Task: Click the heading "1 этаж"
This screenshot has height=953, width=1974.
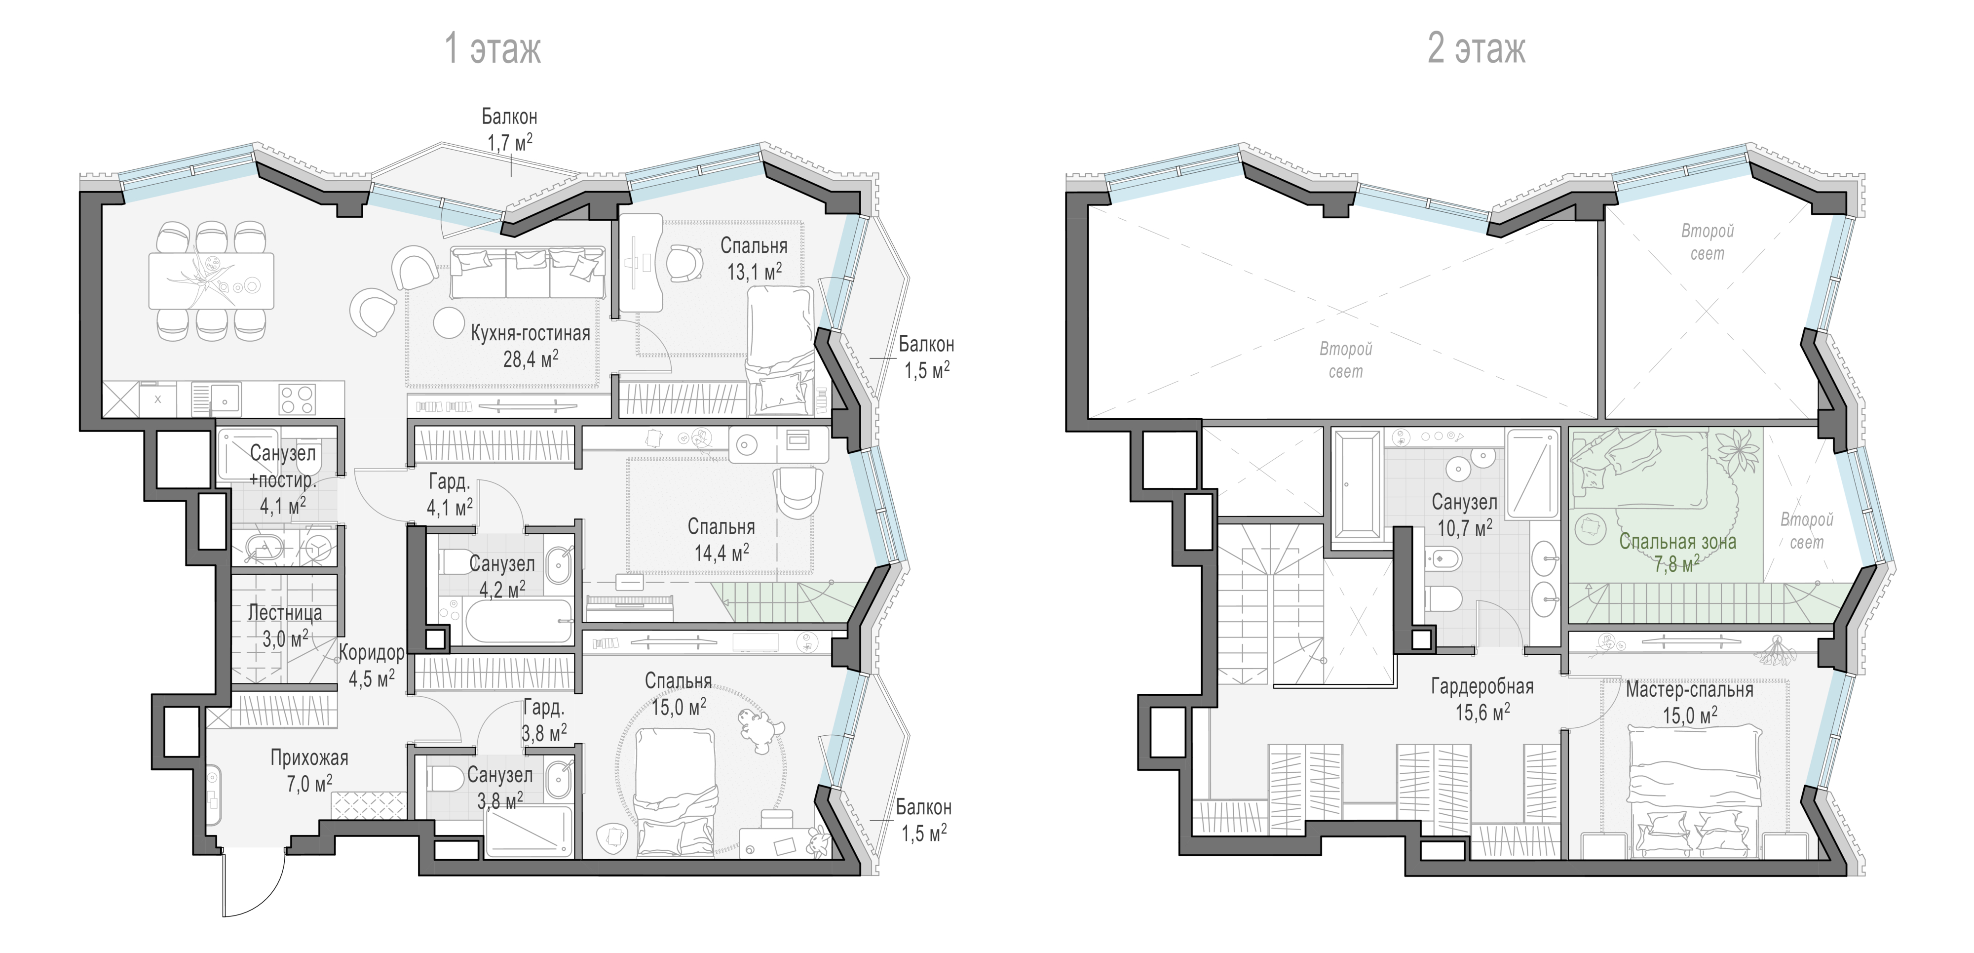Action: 493,49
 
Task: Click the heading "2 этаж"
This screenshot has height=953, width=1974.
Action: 1477,49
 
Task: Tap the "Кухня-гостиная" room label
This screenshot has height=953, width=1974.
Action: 531,333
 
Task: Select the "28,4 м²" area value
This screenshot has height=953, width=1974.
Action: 531,358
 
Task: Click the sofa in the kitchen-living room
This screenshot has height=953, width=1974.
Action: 527,272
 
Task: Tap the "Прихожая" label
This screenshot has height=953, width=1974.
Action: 309,758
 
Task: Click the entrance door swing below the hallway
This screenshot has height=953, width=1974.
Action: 253,882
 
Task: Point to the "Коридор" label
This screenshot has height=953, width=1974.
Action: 372,653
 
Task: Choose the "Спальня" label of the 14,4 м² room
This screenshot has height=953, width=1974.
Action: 721,527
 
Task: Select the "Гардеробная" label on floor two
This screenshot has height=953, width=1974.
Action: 1482,686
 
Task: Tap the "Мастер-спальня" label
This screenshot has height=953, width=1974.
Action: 1690,690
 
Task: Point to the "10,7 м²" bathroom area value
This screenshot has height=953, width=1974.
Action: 1464,527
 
